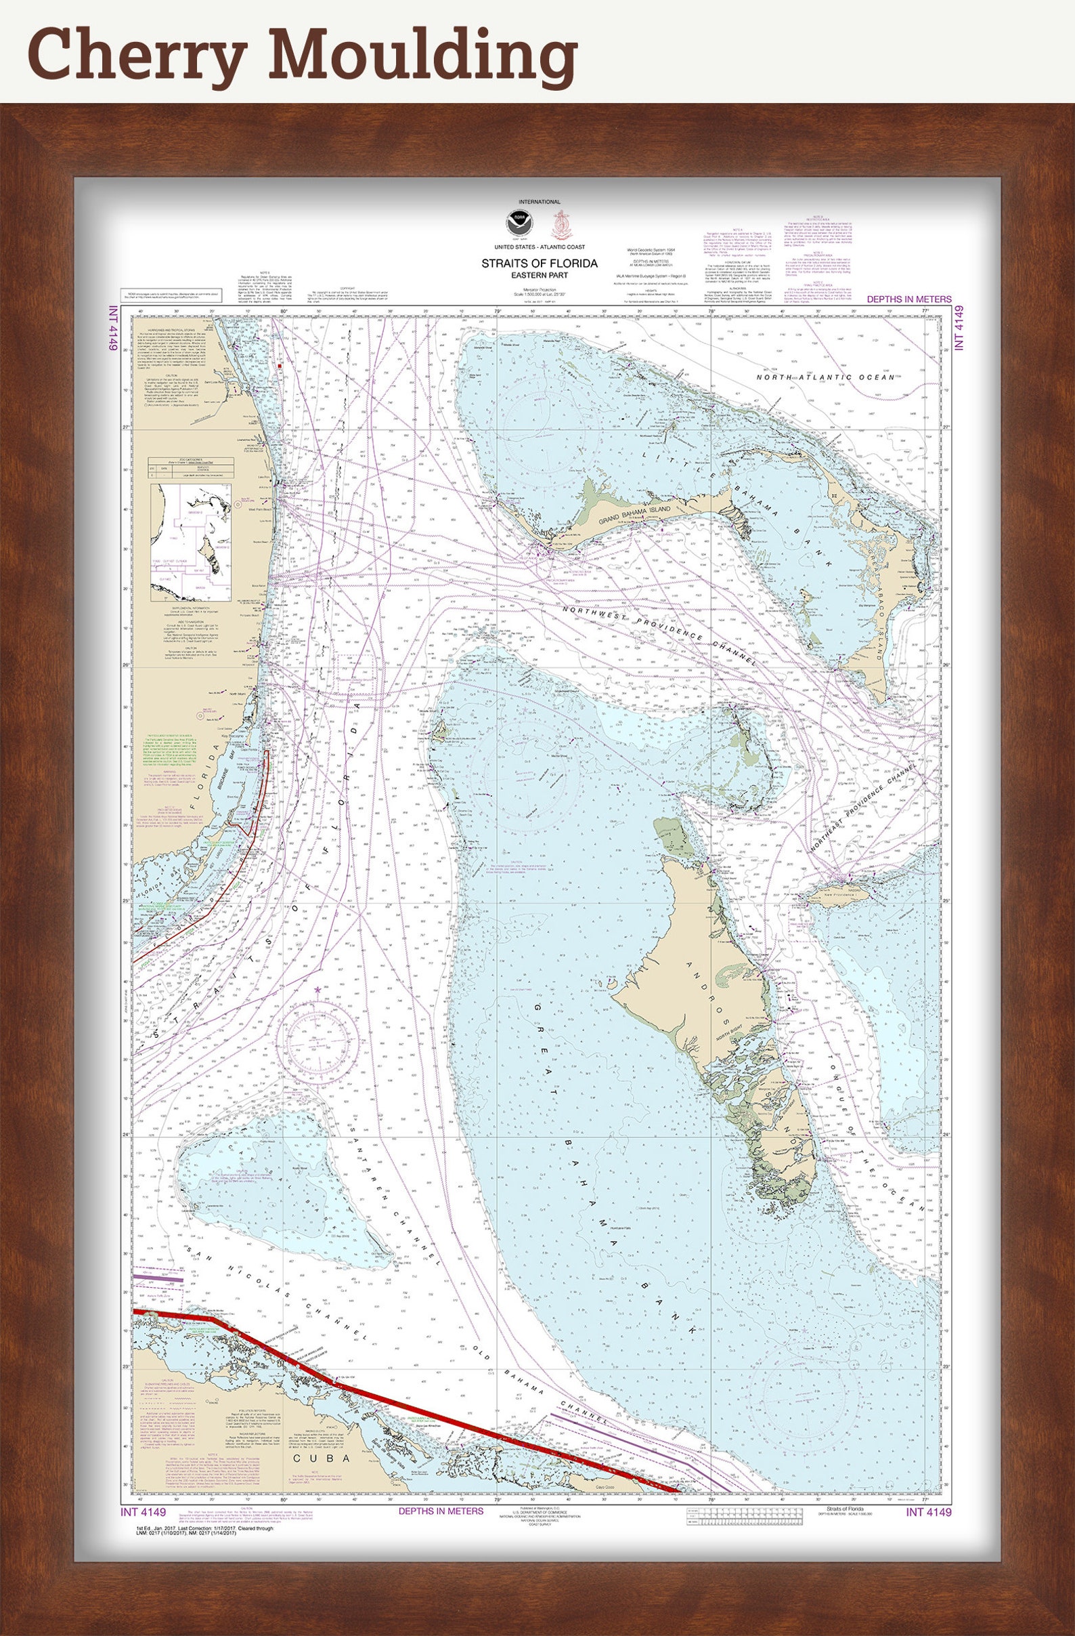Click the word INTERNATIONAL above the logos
coord(539,202)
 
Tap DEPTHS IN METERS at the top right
coord(908,299)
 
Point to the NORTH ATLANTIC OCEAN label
coord(826,377)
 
